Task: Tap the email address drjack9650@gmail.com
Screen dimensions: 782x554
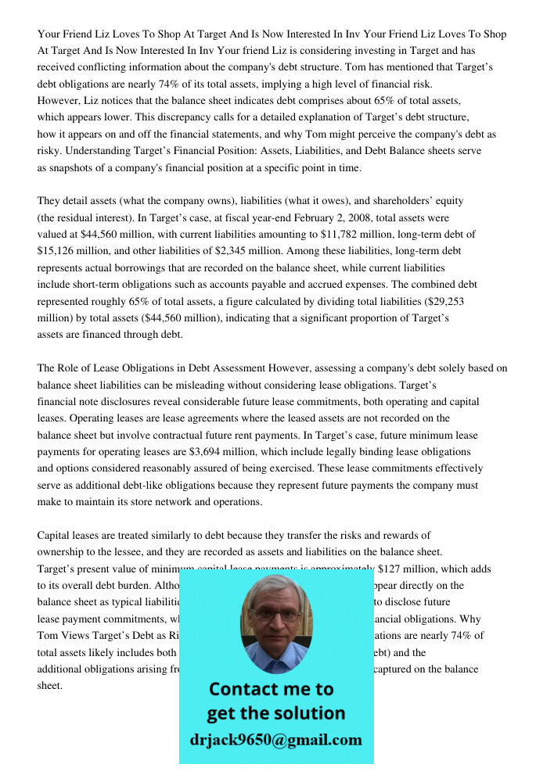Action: pos(276,740)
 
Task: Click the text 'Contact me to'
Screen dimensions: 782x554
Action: pos(272,689)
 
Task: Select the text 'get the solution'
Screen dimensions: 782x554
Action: pos(275,713)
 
